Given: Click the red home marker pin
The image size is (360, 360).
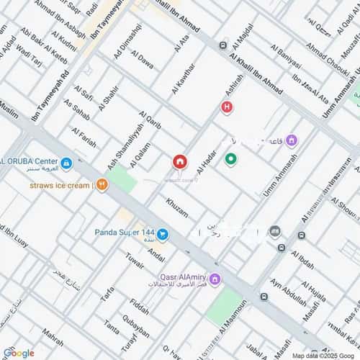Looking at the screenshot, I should pyautogui.click(x=178, y=163).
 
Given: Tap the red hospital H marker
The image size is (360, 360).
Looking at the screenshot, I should pyautogui.click(x=227, y=108).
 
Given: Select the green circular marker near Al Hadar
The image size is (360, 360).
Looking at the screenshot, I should pyautogui.click(x=230, y=160).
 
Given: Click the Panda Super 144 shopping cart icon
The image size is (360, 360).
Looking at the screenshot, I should pyautogui.click(x=163, y=233).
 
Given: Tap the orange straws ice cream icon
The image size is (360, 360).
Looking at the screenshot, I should pyautogui.click(x=102, y=185).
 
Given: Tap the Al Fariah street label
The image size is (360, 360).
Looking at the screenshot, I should pyautogui.click(x=84, y=136).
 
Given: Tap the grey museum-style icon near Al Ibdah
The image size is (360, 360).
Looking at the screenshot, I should pyautogui.click(x=274, y=231).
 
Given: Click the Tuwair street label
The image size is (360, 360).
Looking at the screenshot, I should pyautogui.click(x=135, y=261).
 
